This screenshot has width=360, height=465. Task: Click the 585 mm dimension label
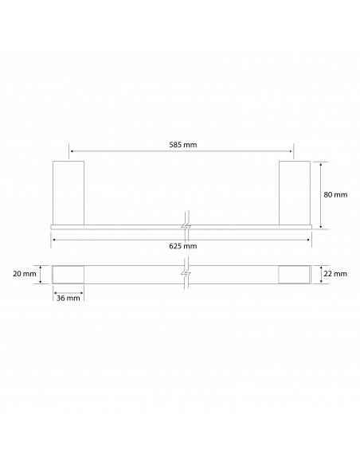tap(183, 146)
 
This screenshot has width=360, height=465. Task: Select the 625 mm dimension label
tap(183, 246)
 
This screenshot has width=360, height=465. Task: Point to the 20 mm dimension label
tap(25, 273)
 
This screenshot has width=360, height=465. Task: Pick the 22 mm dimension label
tap(337, 273)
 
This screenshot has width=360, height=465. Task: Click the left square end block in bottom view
tap(68, 273)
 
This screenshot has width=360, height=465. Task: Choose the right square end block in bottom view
tap(293, 273)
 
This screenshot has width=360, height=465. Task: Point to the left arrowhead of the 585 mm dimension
tap(72, 151)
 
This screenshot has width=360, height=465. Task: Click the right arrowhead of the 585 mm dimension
tap(292, 151)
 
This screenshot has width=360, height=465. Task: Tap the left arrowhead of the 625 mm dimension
tap(54, 238)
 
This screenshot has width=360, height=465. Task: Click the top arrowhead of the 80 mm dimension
tap(320, 164)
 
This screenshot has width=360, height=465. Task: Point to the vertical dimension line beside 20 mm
tap(45, 273)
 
